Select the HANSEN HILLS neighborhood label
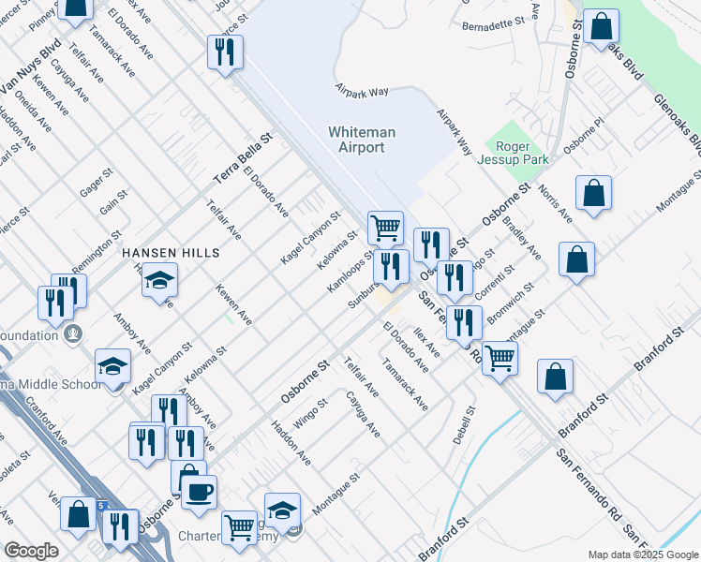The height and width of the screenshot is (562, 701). point(170,254)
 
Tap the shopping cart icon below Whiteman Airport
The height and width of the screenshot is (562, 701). point(385,227)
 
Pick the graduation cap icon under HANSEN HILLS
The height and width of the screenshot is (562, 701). point(160,279)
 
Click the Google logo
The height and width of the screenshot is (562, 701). point(31,551)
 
